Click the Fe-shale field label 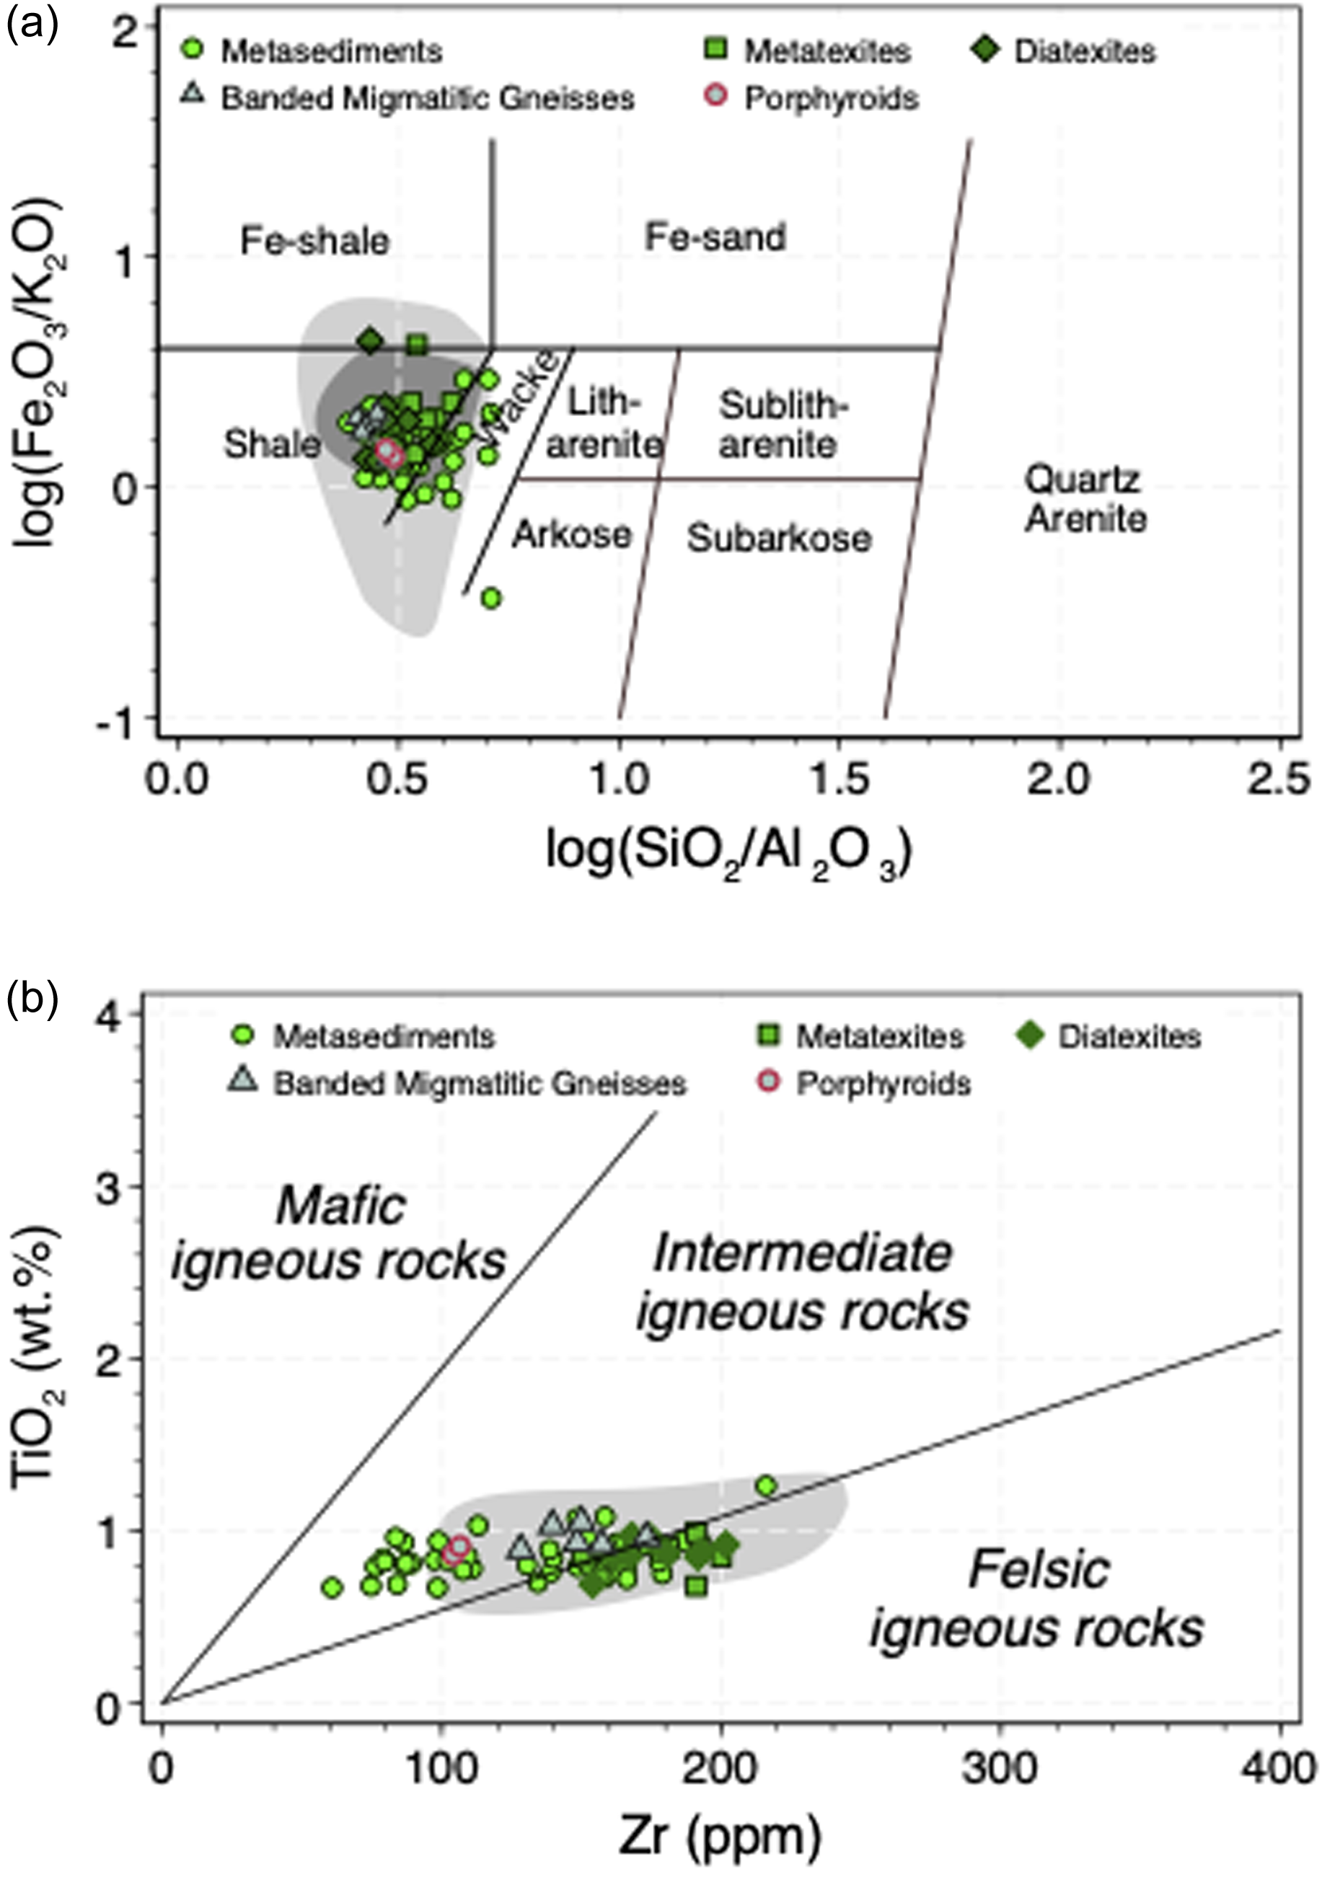point(314,241)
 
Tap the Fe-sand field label point(715,237)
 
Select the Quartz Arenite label point(1085,499)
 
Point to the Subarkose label point(779,538)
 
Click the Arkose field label point(573,534)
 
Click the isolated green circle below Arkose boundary point(490,599)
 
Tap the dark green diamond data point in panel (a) point(371,341)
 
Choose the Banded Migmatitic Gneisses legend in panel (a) point(409,98)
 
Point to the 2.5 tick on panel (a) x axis point(1279,778)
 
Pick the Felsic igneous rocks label point(1036,1599)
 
